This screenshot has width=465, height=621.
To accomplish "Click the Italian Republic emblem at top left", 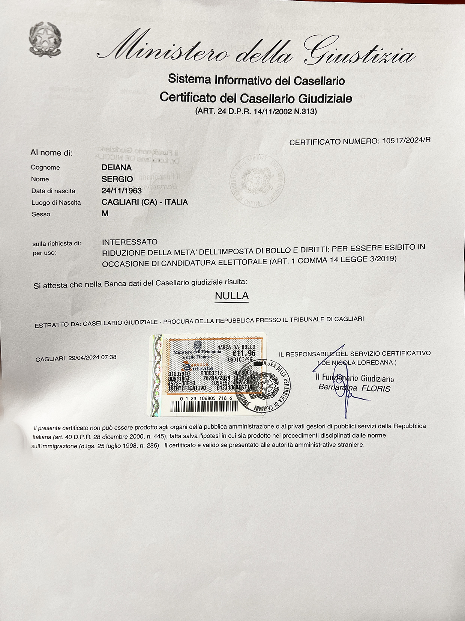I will point(45,39).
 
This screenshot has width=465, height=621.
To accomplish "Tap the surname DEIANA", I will point(116,167).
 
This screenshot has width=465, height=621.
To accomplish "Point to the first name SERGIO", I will point(117,179).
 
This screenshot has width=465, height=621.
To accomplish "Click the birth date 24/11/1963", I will point(121,191).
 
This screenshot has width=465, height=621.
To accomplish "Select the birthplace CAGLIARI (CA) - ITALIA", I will point(144,202).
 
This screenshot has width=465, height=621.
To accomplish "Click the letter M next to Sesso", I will point(105,214).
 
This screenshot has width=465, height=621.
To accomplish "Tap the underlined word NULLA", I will point(232,296).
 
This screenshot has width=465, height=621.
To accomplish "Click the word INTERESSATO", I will point(130,242).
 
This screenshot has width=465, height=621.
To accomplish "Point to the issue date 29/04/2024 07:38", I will point(92,357).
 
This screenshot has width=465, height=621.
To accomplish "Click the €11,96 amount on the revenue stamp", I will point(244,353).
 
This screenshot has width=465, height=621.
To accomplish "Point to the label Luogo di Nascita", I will point(56,203).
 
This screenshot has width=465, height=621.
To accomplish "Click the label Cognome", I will point(45,167).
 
